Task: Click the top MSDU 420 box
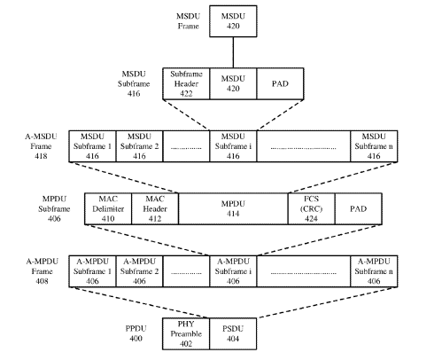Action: click(233, 21)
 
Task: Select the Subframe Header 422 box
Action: click(186, 83)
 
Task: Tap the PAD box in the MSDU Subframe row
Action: click(280, 83)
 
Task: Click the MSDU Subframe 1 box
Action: click(92, 146)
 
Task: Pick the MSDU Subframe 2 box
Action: click(139, 146)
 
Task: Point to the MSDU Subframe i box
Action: click(233, 146)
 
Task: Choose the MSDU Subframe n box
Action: click(374, 146)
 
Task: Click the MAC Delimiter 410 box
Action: click(108, 209)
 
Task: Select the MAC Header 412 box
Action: click(155, 209)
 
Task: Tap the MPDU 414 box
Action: click(233, 209)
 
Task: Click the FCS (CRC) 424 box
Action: click(311, 209)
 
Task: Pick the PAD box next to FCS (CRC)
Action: click(358, 209)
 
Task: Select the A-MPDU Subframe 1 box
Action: click(92, 271)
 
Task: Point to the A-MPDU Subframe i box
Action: click(233, 271)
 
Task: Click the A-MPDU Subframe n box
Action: click(374, 271)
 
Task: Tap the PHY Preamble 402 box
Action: click(186, 334)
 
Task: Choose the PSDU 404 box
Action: click(233, 334)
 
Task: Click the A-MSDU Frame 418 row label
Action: click(41, 146)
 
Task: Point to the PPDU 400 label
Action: click(136, 333)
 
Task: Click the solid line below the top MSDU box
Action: click(233, 52)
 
